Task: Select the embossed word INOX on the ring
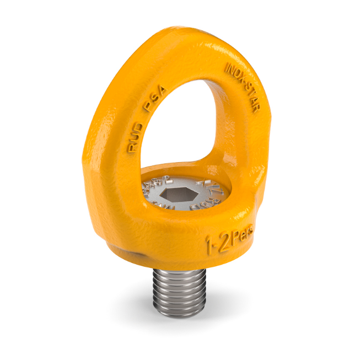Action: click(x=235, y=76)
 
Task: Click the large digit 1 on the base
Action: click(x=210, y=243)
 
